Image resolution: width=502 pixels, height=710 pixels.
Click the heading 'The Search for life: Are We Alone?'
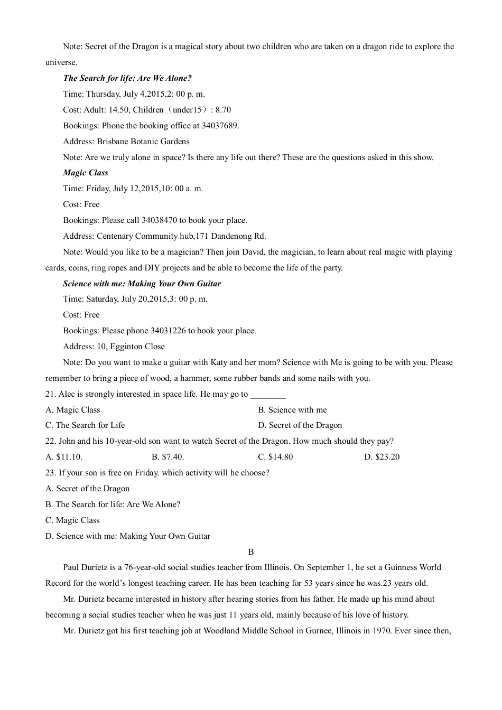(x=127, y=78)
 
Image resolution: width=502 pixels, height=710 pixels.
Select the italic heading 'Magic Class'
(x=85, y=173)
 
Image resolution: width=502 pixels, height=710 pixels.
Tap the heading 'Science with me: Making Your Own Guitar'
(x=142, y=284)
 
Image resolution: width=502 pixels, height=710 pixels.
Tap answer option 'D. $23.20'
(x=382, y=457)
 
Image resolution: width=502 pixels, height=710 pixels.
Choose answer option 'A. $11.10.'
(x=64, y=457)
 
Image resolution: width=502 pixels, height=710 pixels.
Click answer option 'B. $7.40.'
(x=168, y=457)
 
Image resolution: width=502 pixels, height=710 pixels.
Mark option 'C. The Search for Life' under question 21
(x=85, y=425)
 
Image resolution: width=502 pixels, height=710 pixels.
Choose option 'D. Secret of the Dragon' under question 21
(x=300, y=425)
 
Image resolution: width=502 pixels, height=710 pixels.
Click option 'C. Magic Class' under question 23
(x=72, y=520)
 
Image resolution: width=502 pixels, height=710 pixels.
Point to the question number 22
(x=50, y=441)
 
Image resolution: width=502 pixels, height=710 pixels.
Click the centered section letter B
(x=251, y=552)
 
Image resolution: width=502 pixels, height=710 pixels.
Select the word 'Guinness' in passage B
(x=400, y=567)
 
